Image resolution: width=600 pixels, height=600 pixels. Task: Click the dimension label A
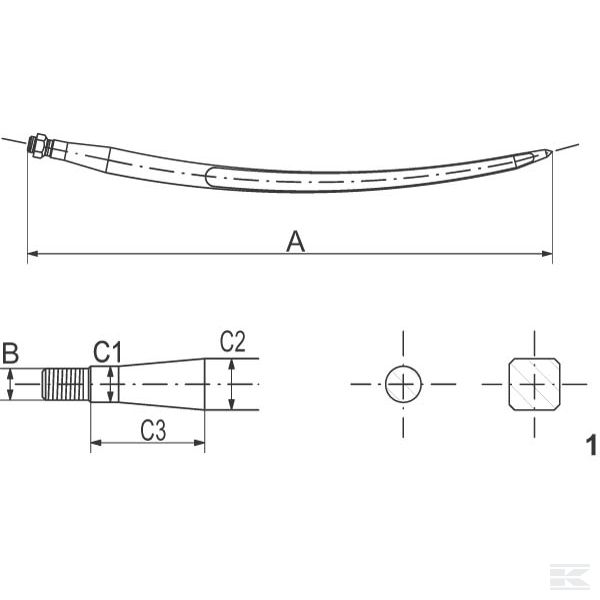[x=295, y=241]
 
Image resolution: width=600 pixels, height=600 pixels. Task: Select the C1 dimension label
[x=107, y=352]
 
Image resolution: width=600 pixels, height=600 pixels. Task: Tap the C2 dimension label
[x=232, y=342]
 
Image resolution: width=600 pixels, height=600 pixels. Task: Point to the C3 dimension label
[x=152, y=431]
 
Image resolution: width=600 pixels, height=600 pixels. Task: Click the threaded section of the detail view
[x=67, y=385]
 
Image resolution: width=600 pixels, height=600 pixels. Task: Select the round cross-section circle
[x=404, y=384]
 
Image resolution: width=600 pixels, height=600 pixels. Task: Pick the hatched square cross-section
[x=533, y=384]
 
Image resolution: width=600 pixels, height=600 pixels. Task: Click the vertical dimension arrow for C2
[x=231, y=385]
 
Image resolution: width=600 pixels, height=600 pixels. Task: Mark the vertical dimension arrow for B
[x=9, y=385]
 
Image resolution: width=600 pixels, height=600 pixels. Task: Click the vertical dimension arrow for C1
[x=111, y=385]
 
